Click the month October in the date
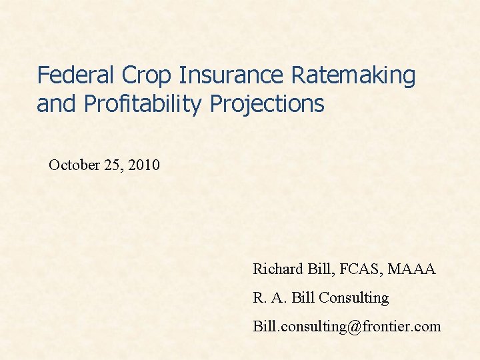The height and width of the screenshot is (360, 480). tap(75, 165)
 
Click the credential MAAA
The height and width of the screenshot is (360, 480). tap(414, 269)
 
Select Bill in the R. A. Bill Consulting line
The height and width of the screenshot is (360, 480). tap(303, 298)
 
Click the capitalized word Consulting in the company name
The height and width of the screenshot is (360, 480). tap(354, 298)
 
